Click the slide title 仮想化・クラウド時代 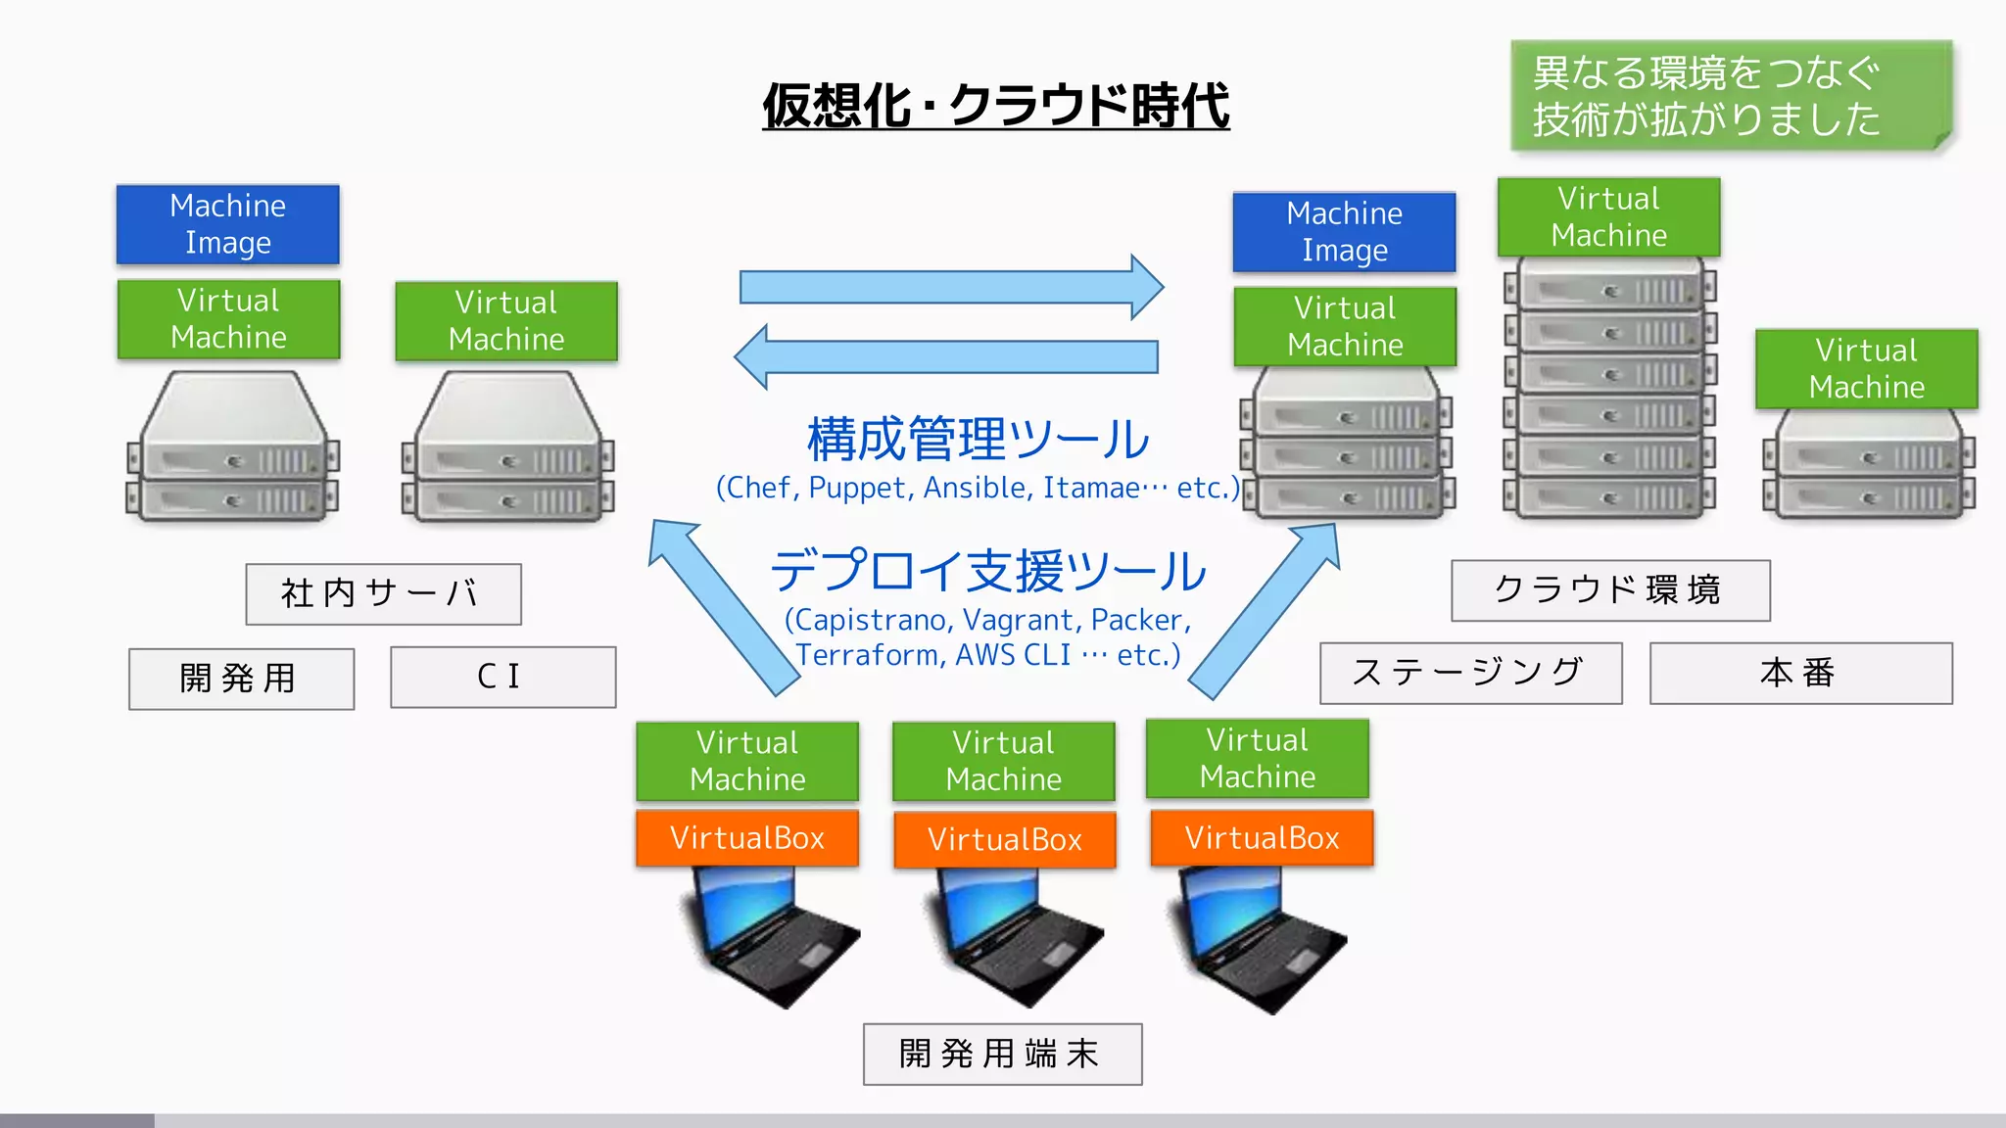pyautogui.click(x=995, y=106)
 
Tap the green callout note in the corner pyautogui.click(x=1730, y=96)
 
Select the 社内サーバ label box pyautogui.click(x=383, y=593)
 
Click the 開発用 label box pyautogui.click(x=241, y=678)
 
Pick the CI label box pyautogui.click(x=502, y=677)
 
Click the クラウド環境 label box pyautogui.click(x=1609, y=589)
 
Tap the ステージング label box pyautogui.click(x=1469, y=673)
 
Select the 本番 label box pyautogui.click(x=1800, y=673)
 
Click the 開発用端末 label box pyautogui.click(x=1002, y=1054)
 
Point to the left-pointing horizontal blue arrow pyautogui.click(x=946, y=356)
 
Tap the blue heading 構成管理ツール pyautogui.click(x=978, y=439)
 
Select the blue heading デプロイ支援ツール pyautogui.click(x=987, y=571)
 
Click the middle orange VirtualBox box pyautogui.click(x=1004, y=839)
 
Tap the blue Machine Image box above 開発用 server pyautogui.click(x=227, y=224)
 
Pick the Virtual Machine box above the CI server pyautogui.click(x=505, y=321)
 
